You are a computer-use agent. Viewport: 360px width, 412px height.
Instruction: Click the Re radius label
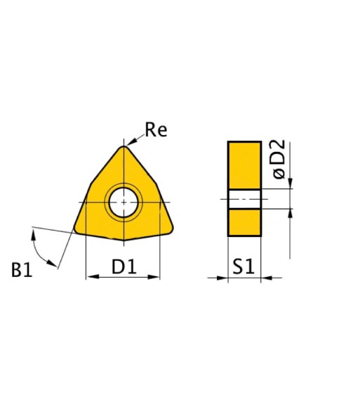(x=156, y=130)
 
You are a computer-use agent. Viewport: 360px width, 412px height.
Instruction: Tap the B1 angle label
(x=22, y=269)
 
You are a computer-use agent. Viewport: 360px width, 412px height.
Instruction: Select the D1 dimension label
(x=124, y=266)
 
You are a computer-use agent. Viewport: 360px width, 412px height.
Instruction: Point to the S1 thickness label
(x=244, y=266)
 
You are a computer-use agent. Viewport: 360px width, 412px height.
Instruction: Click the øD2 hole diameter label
(x=279, y=159)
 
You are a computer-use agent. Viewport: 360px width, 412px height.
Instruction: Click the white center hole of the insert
(x=124, y=202)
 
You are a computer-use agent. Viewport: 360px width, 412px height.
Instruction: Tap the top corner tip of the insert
(x=124, y=146)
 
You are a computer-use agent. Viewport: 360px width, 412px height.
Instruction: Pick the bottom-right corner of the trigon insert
(x=171, y=229)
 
